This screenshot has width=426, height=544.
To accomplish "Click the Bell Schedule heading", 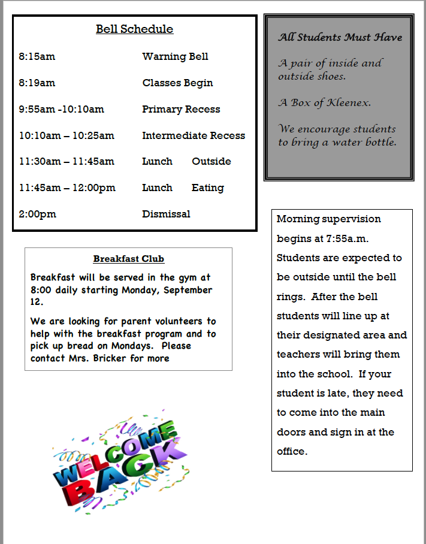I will pyautogui.click(x=134, y=29).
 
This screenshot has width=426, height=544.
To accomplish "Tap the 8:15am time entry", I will pyautogui.click(x=37, y=56).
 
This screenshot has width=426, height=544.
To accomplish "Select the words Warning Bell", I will pyautogui.click(x=175, y=56).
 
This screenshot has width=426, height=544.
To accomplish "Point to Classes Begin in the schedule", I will pyautogui.click(x=177, y=83).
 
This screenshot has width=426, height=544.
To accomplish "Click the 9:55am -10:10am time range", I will pyautogui.click(x=61, y=109).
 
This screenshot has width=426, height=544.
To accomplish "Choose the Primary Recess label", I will pyautogui.click(x=181, y=109).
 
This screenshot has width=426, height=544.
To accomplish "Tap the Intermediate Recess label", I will pyautogui.click(x=194, y=135).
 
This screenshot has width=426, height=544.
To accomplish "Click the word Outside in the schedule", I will pyautogui.click(x=211, y=161).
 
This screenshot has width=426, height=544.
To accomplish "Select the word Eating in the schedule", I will pyautogui.click(x=207, y=188).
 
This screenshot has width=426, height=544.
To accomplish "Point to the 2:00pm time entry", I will pyautogui.click(x=37, y=214).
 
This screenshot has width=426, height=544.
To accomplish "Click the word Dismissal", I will pyautogui.click(x=166, y=214).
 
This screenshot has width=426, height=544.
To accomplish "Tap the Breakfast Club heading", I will pyautogui.click(x=128, y=259).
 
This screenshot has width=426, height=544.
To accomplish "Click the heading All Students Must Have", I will pyautogui.click(x=340, y=37).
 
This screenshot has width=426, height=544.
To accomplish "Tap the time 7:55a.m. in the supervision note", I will pyautogui.click(x=347, y=238).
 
